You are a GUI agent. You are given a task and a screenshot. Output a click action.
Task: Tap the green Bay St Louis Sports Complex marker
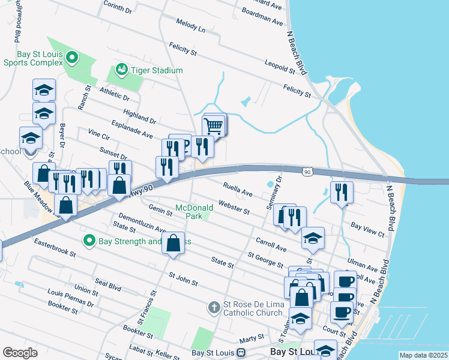tap(72, 58)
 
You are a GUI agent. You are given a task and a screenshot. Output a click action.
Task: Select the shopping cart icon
tap(214, 126)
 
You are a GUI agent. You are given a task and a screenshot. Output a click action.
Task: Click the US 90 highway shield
tap(307, 172)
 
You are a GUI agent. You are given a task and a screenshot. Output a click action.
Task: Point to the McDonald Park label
tap(194, 211)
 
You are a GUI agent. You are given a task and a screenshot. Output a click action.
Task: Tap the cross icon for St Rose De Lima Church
tap(213, 308)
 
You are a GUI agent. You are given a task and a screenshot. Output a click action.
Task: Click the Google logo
tap(20, 353)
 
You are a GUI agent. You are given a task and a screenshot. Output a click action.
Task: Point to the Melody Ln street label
tap(190, 29)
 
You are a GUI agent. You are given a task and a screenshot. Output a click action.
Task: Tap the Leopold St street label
tap(280, 67)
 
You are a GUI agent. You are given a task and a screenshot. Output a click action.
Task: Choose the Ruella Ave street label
tap(238, 190)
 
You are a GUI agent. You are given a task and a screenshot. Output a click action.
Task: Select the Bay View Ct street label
tap(367, 228)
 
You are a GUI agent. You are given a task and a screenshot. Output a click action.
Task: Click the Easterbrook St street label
tap(55, 249)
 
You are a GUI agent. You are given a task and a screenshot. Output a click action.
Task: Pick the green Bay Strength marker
tap(89, 241)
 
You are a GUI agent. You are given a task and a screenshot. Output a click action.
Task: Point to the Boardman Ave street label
tap(262, 16)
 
